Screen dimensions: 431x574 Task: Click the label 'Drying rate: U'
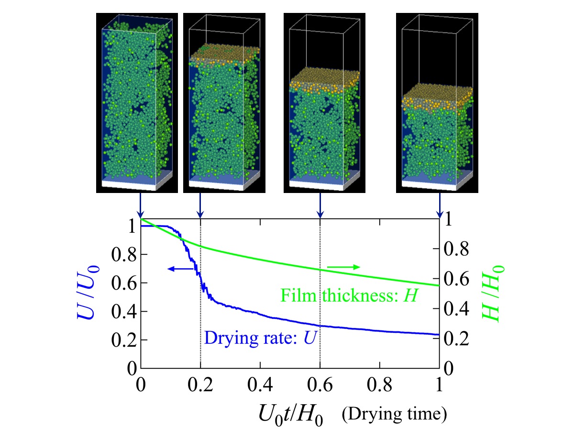click(261, 338)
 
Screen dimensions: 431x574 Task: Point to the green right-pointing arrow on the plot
click(343, 267)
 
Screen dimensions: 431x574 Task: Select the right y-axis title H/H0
click(497, 294)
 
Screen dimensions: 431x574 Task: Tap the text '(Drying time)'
click(395, 413)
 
